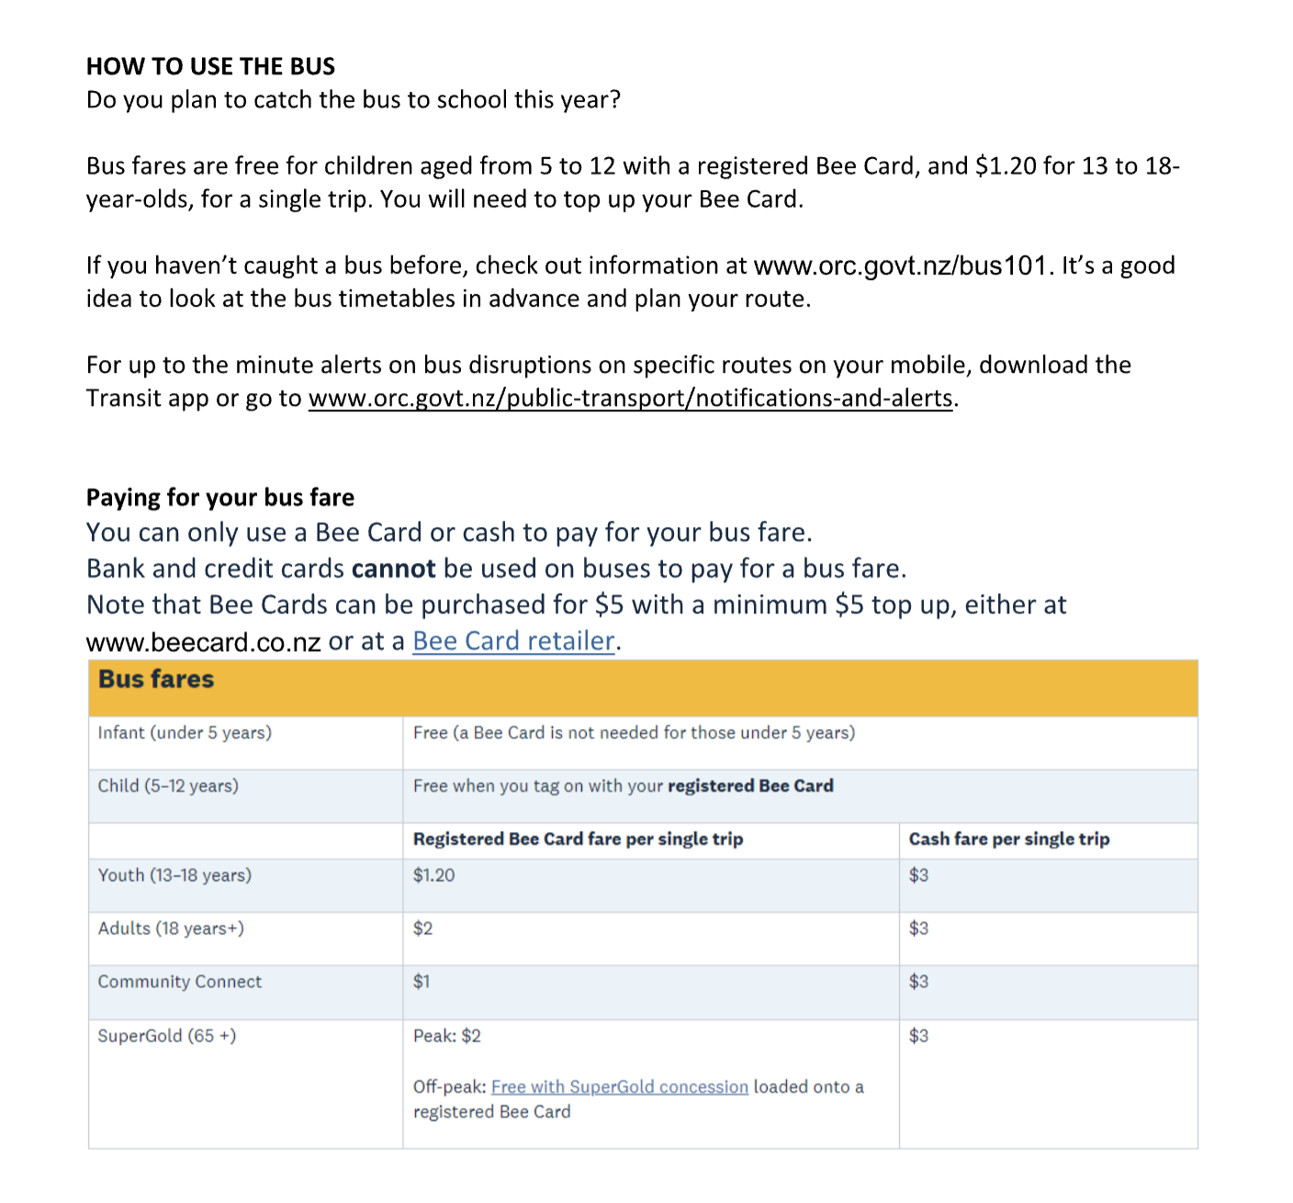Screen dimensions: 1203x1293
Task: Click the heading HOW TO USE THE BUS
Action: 210,66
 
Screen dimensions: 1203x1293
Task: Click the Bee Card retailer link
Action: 513,641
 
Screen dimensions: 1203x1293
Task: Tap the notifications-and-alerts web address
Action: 630,399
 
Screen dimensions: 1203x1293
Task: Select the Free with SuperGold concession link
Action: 619,1087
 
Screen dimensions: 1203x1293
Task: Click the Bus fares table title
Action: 156,680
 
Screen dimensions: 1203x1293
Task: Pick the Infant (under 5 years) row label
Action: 185,733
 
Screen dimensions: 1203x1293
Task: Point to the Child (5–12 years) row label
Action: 168,786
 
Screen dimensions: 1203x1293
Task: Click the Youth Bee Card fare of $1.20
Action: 433,875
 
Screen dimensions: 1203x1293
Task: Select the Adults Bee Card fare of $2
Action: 422,928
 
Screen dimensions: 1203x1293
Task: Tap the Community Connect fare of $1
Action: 422,982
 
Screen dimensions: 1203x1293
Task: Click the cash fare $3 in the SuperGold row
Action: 918,1036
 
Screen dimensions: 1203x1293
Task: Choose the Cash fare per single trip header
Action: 1008,839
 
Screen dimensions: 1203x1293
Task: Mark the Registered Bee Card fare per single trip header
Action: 578,839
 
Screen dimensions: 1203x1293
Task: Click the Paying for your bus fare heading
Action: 220,498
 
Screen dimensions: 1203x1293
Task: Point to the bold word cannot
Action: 393,569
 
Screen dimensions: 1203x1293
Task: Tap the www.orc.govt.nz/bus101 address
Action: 900,266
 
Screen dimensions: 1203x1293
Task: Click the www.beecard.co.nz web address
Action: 203,642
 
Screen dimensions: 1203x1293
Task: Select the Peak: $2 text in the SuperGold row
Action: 446,1036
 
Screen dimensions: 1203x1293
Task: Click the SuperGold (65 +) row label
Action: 166,1036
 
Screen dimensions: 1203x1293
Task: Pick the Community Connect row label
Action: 179,982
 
